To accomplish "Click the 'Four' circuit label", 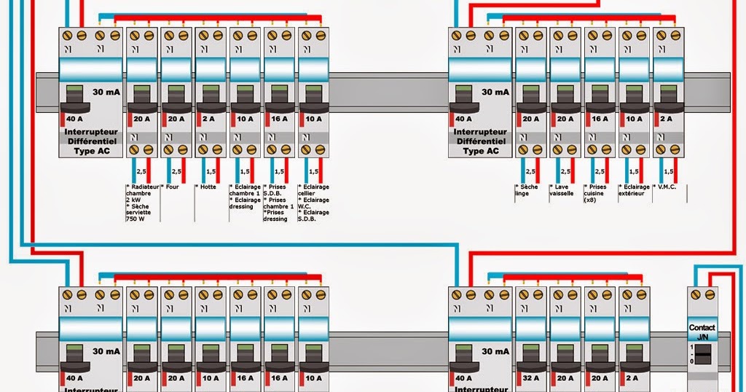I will pos(172,187).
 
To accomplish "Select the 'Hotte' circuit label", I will pos(207,187).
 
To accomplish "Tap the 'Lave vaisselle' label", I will pos(562,190).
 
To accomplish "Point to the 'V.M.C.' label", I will pos(667,187).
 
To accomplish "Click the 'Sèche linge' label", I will pos(526,190).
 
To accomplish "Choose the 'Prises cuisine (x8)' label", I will pos(596,193).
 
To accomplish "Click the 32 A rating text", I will pos(530,378).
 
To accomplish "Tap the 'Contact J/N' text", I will pos(702,332).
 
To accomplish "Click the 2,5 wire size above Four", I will pos(176,171).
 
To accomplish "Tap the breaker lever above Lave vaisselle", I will pos(565,95).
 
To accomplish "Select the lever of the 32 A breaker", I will pos(530,356).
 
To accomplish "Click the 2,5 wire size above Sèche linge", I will pos(530,171).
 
